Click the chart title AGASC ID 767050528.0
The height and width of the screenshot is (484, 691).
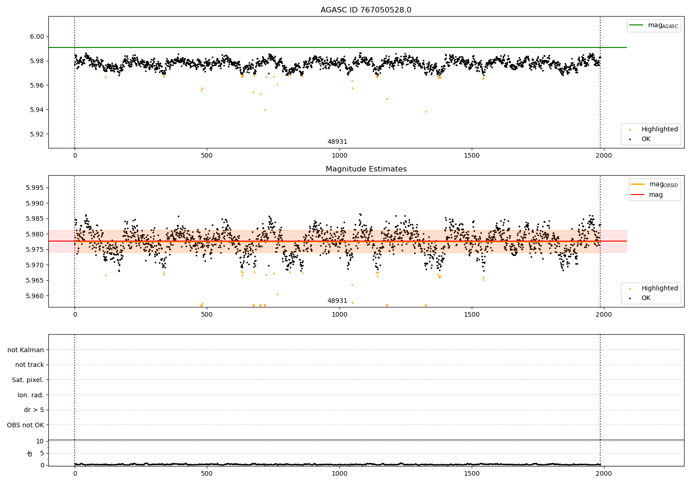tap(366, 10)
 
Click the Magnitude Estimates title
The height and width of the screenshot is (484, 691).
tap(366, 169)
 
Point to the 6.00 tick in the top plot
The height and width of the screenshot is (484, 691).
tap(36, 37)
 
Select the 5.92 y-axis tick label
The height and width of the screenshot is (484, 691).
tap(36, 134)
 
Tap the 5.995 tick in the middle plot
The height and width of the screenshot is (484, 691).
tap(35, 188)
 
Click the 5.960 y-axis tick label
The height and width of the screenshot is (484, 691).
tap(35, 296)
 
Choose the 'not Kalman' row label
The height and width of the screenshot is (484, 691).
tap(26, 350)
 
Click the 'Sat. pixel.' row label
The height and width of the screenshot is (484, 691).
tap(28, 380)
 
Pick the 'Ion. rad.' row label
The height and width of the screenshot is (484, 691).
tap(30, 395)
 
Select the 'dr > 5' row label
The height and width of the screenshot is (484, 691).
tap(34, 410)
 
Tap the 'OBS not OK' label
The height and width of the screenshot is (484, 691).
tap(25, 425)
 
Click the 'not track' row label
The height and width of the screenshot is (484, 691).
tap(29, 365)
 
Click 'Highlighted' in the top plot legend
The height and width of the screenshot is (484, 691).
tap(659, 129)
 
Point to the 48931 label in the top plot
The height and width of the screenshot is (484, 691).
tap(337, 142)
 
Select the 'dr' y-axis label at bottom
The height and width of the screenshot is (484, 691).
tap(30, 453)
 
